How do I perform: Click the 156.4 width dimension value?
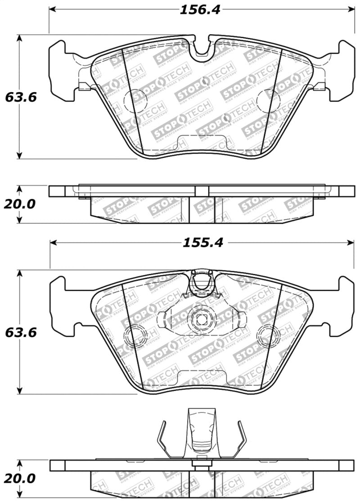tap(200, 10)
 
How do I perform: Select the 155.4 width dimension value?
tap(202, 243)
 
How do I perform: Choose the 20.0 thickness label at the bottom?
tap(18, 478)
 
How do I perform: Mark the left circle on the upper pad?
tap(132, 100)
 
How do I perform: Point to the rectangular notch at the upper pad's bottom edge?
tap(183, 144)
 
